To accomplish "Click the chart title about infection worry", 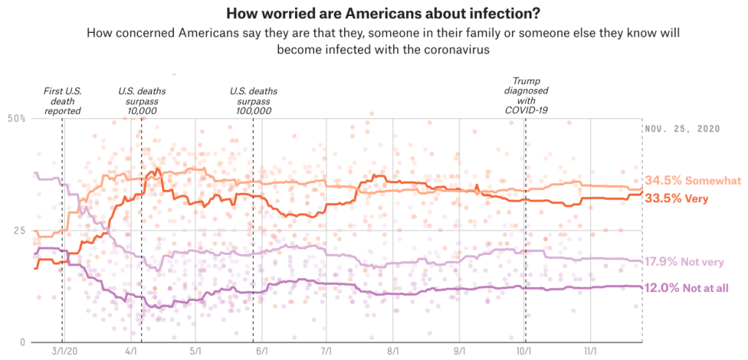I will pos(373,14).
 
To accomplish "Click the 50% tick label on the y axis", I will pos(16,118).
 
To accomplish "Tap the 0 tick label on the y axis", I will pos(23,342).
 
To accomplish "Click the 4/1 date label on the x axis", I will pos(131,351).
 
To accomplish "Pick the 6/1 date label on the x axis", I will pos(262,351).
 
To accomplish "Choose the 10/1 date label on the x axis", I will pos(525,351).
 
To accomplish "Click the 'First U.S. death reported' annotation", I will pos(62,100).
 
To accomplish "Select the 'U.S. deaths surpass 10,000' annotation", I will pos(141,100).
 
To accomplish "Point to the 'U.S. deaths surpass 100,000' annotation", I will pos(253,100).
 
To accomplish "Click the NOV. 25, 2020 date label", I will pos(683,129).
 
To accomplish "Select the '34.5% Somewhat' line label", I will pos(692,181).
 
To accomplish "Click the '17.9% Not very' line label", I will pos(687,261).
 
